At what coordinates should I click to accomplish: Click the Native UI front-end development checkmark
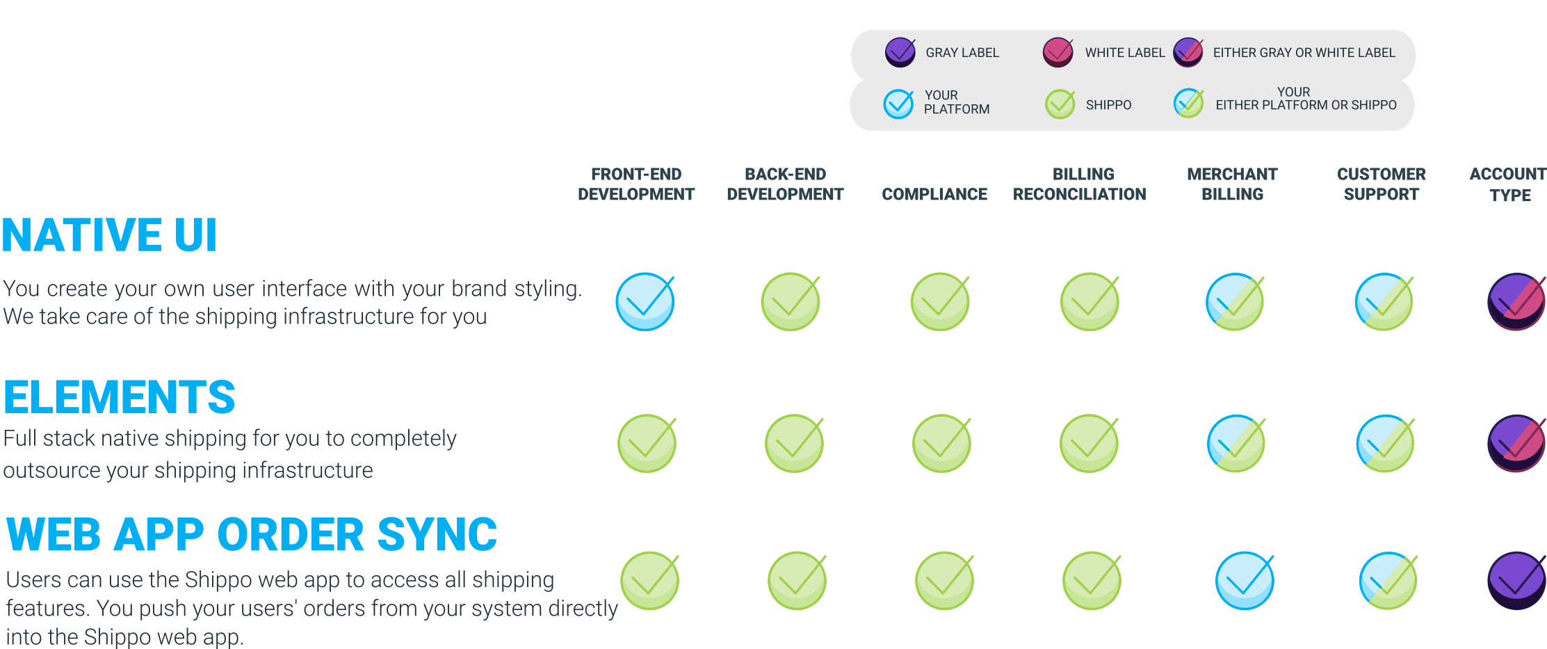pos(645,302)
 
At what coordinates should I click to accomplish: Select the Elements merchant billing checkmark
pos(1236,444)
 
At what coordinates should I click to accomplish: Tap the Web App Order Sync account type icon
pos(1516,581)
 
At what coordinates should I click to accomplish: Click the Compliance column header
pos(934,194)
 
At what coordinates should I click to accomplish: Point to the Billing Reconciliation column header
pos(1080,184)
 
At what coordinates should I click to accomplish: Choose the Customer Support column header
pos(1381,184)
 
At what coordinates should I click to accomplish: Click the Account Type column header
pos(1507,184)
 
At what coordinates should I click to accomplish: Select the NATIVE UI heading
pos(110,235)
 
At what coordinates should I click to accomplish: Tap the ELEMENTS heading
pos(120,397)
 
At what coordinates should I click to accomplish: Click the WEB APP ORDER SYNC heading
pos(251,534)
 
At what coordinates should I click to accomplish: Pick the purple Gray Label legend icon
pos(900,52)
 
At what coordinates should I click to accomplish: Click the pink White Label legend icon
pos(1058,52)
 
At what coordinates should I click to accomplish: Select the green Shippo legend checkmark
pos(1060,104)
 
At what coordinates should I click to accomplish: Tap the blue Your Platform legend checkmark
pos(898,104)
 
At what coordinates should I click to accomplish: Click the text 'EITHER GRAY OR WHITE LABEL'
pos(1304,53)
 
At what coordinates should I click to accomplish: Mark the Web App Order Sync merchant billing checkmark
pos(1245,581)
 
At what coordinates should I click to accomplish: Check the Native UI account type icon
pos(1516,302)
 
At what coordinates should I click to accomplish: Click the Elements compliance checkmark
pos(941,444)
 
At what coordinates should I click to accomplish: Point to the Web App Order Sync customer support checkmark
pos(1388,581)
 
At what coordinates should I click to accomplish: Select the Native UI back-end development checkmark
pos(791,302)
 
